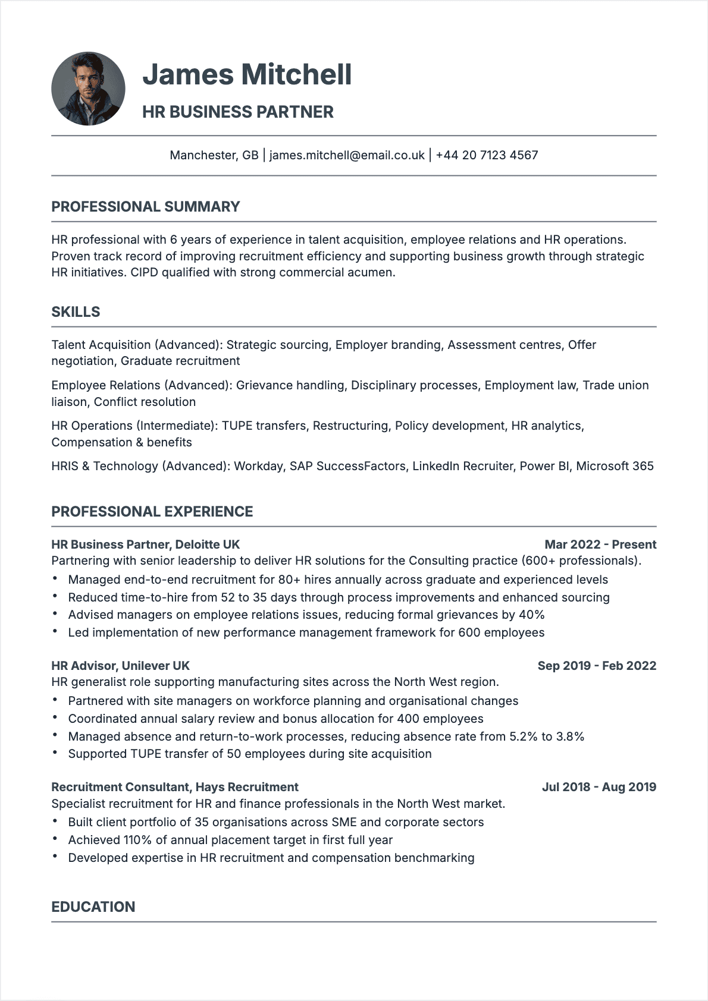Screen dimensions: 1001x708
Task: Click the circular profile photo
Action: click(x=88, y=89)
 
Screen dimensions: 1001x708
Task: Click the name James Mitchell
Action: click(x=247, y=74)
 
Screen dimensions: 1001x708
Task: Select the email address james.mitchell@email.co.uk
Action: click(x=347, y=155)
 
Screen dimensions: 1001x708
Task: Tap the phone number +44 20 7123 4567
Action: click(x=487, y=155)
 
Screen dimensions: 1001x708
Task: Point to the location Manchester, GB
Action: click(x=214, y=155)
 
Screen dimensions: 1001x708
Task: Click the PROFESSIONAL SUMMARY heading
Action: click(x=146, y=207)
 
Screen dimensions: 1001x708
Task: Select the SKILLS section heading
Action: click(x=76, y=312)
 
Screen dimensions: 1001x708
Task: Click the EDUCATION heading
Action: click(x=93, y=906)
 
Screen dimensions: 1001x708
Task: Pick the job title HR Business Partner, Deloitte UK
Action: click(x=146, y=544)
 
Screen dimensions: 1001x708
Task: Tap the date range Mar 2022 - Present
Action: click(x=600, y=544)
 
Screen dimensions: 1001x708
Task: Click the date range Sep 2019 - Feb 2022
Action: click(x=597, y=666)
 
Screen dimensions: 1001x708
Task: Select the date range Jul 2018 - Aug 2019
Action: click(x=599, y=787)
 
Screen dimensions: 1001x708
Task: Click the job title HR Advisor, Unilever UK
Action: click(x=120, y=666)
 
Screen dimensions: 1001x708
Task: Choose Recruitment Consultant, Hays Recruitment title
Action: click(x=175, y=787)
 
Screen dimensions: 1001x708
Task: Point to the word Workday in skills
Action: click(x=258, y=466)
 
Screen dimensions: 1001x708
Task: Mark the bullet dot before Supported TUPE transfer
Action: click(x=55, y=753)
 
